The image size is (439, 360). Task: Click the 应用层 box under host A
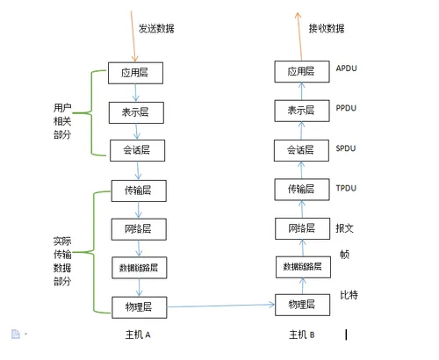click(x=135, y=72)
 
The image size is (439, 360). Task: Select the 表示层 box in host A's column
click(x=135, y=112)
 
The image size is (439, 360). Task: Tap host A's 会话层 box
click(x=135, y=150)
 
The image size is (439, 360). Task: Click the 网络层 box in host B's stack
click(x=300, y=229)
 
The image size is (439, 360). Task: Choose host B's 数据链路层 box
click(x=300, y=266)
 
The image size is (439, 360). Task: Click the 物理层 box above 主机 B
click(x=300, y=305)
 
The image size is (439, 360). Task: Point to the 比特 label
click(x=349, y=296)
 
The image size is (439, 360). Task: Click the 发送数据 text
click(x=156, y=28)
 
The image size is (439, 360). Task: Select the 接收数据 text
click(x=326, y=28)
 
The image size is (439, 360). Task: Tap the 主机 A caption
click(x=139, y=335)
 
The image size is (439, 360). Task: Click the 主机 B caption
click(x=301, y=335)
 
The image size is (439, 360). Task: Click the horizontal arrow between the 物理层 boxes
click(x=219, y=306)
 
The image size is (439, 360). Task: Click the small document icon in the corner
click(x=15, y=334)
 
